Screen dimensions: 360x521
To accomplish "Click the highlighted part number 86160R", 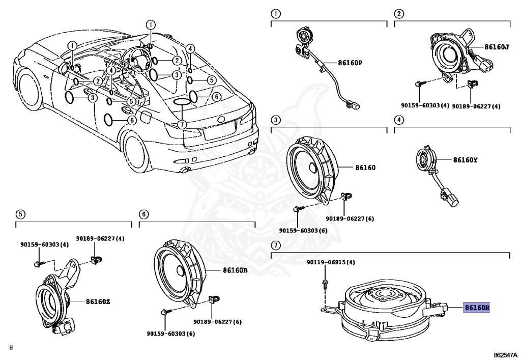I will (476, 308).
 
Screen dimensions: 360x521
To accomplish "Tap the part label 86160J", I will (496, 47).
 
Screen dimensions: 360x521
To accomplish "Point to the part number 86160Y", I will (465, 160).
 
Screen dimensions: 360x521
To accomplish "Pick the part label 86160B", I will (235, 270).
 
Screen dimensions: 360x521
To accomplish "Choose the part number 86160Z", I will (98, 301).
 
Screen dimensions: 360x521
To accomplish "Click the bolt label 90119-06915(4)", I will (330, 262).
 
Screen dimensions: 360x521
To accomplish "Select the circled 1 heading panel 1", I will (275, 14).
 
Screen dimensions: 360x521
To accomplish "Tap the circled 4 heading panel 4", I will (399, 120).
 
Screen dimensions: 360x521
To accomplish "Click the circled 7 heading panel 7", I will (275, 245).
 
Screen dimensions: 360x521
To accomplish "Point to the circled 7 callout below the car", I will (182, 124).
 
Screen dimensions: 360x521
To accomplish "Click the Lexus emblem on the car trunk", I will (221, 119).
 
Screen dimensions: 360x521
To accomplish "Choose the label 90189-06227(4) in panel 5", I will (100, 238).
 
